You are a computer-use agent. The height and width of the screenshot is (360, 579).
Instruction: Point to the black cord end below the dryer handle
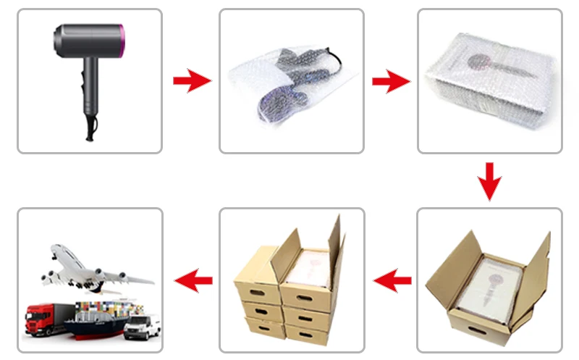point(90,133)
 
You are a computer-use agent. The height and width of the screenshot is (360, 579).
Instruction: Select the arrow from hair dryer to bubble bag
point(191,81)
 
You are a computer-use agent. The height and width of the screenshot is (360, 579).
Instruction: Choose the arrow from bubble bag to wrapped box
point(391,81)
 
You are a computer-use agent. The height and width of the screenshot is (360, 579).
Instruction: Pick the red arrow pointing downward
point(490,181)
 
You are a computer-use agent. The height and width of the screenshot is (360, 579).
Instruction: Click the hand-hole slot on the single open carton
point(478,329)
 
